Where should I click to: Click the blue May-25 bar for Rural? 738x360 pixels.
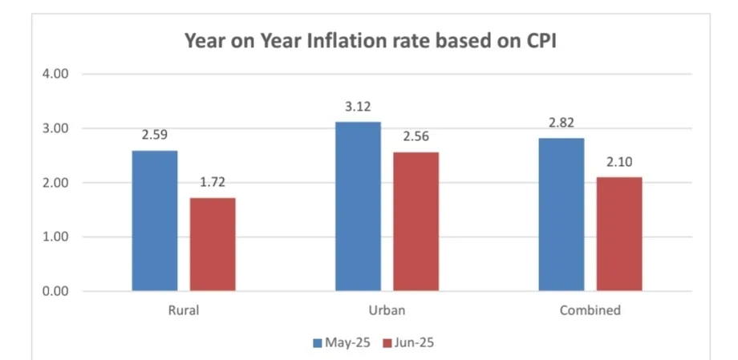(x=155, y=220)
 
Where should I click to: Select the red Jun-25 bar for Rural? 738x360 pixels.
(x=213, y=244)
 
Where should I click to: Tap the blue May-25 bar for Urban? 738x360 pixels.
(x=358, y=206)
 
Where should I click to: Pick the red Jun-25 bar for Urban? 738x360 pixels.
(x=416, y=221)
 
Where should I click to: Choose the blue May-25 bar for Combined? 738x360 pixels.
(x=561, y=214)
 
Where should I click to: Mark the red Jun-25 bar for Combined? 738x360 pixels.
(x=618, y=233)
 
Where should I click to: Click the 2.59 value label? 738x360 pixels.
(x=155, y=135)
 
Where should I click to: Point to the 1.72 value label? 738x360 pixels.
(x=213, y=182)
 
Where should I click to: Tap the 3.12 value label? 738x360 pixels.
(x=358, y=106)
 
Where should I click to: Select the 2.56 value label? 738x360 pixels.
(x=416, y=136)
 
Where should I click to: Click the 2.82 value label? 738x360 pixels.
(x=561, y=122)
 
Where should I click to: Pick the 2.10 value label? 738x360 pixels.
(x=618, y=161)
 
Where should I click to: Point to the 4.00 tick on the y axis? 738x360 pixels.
(x=57, y=74)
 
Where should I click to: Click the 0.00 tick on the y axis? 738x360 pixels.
(x=57, y=291)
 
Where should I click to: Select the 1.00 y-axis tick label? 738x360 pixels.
(x=57, y=237)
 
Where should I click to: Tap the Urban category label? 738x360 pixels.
(x=387, y=310)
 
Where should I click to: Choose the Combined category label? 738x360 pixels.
(x=590, y=310)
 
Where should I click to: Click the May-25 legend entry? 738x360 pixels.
(x=340, y=342)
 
